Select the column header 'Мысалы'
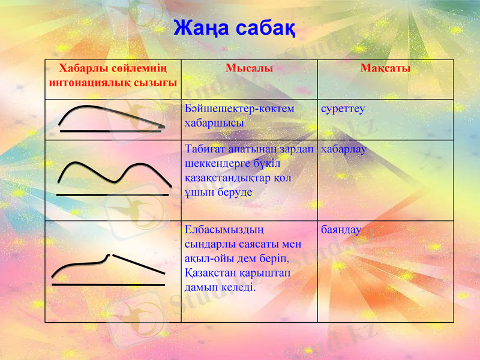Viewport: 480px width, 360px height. pyautogui.click(x=249, y=68)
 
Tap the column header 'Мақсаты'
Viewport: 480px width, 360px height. pyautogui.click(x=385, y=68)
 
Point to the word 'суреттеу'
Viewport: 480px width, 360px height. pyautogui.click(x=343, y=109)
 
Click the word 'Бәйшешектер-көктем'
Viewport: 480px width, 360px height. pyautogui.click(x=240, y=109)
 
